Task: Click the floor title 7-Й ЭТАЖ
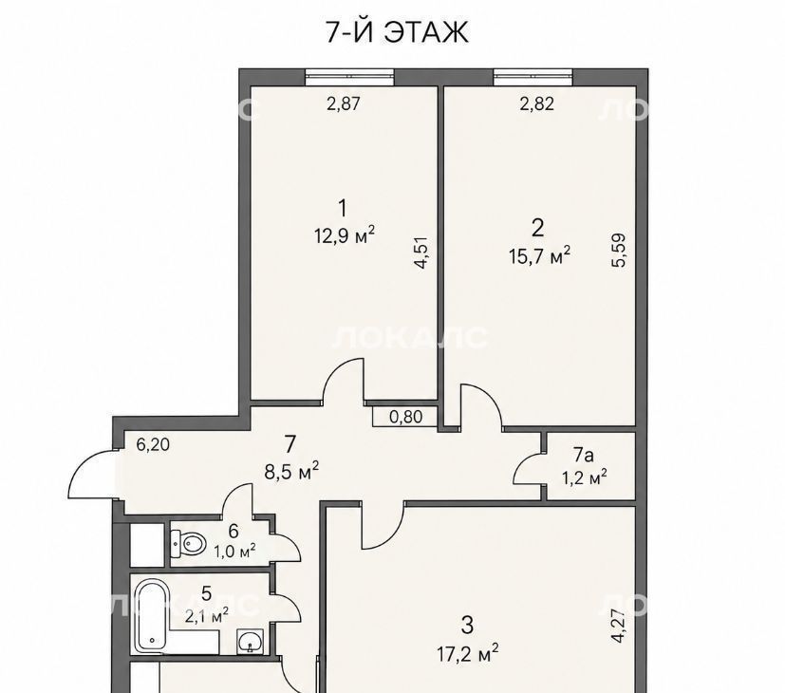point(397,31)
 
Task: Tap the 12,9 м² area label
point(345,234)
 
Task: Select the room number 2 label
point(537,228)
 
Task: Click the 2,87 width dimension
point(343,103)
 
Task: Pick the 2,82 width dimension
point(536,103)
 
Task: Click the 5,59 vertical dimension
point(619,251)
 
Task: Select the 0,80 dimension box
point(405,416)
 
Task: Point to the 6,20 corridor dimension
point(153,444)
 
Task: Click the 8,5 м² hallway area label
point(291,471)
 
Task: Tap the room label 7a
point(583,455)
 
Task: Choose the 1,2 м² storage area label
point(585,478)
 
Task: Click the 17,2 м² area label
point(468,653)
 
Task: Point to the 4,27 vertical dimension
point(619,626)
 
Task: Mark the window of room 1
point(349,77)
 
